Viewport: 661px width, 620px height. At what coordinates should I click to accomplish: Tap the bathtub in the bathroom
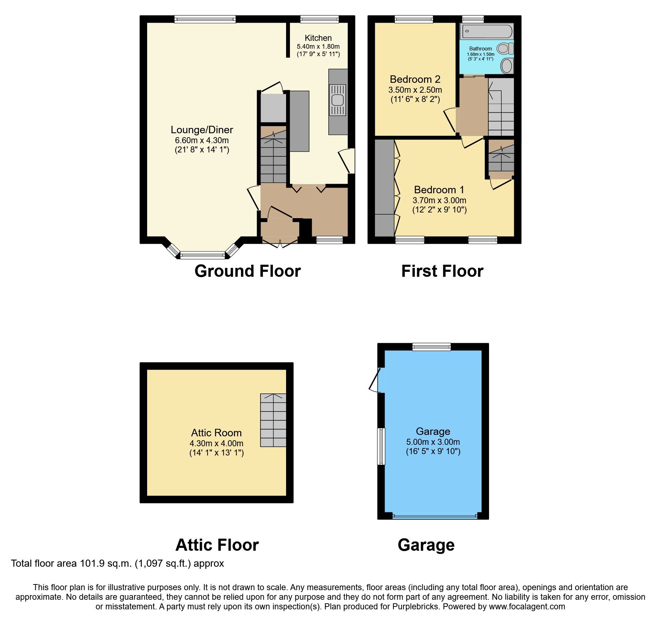(x=486, y=31)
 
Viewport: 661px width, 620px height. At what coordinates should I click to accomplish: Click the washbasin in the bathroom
(x=506, y=66)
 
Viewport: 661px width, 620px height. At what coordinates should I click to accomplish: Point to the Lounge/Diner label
(x=202, y=130)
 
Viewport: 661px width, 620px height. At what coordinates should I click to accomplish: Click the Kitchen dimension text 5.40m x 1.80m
(x=318, y=47)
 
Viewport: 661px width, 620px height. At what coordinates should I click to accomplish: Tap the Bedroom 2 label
(x=415, y=79)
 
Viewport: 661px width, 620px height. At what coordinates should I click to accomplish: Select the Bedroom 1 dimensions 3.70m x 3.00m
(x=439, y=200)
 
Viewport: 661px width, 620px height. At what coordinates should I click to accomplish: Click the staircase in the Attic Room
(x=273, y=420)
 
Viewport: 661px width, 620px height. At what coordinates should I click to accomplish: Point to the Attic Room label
(x=216, y=433)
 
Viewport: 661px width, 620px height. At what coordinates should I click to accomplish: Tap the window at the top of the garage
(x=431, y=347)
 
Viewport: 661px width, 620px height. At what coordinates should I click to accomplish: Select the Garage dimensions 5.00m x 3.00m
(x=433, y=442)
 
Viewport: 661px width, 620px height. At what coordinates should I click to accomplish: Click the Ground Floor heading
(x=247, y=271)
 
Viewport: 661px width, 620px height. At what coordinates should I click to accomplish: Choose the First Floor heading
(x=442, y=271)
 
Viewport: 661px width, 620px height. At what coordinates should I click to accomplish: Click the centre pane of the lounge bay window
(x=203, y=255)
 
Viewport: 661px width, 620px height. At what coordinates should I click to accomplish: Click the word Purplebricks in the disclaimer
(x=415, y=606)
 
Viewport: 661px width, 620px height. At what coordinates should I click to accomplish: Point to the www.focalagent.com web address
(x=527, y=606)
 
